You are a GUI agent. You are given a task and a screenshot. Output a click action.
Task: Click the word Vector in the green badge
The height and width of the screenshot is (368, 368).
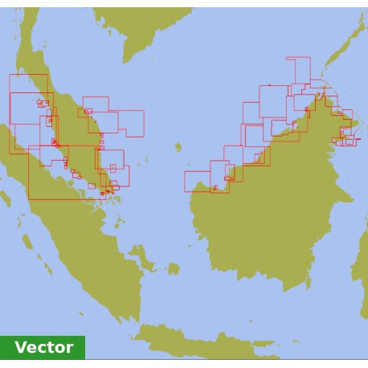click(x=43, y=347)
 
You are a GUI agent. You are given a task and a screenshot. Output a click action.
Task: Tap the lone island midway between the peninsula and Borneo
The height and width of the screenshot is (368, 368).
click(x=178, y=147)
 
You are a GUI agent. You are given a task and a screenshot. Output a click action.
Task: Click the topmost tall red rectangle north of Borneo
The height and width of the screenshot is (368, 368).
click(x=298, y=70)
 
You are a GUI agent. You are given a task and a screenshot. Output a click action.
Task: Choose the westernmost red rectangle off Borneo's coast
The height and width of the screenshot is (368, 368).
click(x=197, y=181)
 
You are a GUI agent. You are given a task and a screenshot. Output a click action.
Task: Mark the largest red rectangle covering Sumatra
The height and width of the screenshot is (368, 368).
click(x=60, y=172)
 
